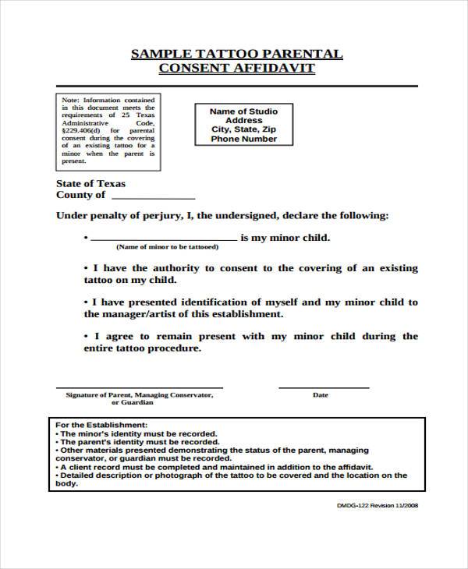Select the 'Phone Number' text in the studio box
pyautogui.click(x=243, y=140)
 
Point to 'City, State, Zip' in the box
pyautogui.click(x=243, y=130)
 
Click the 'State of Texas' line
pyautogui.click(x=90, y=184)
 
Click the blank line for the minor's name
pyautogui.click(x=164, y=239)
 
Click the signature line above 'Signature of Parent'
pyautogui.click(x=139, y=387)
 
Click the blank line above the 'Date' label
pyautogui.click(x=324, y=387)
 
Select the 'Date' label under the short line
pyautogui.click(x=321, y=395)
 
